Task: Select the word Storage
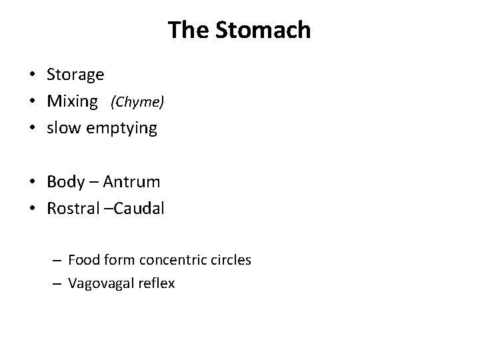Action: [75, 75]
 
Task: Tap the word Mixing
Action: [72, 102]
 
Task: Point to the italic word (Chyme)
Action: [137, 103]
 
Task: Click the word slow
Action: [63, 128]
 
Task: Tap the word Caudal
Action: [137, 208]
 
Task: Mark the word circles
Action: [229, 260]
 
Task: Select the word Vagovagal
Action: [101, 284]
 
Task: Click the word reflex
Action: [156, 284]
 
